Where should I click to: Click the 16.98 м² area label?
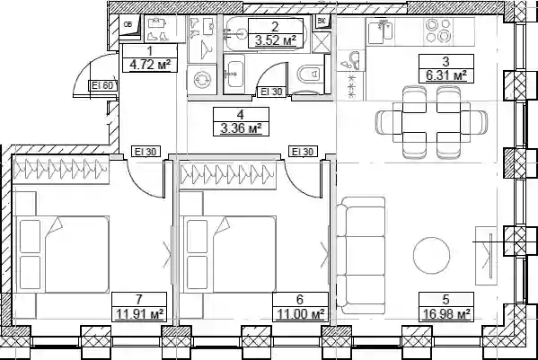445,314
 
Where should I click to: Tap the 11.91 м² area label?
139,314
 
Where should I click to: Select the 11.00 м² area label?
300,314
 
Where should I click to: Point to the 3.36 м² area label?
241,128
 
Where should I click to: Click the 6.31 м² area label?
446,75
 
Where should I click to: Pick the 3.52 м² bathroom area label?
276,41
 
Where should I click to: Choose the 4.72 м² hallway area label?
150,65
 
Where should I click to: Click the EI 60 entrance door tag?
102,85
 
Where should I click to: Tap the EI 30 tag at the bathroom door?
271,92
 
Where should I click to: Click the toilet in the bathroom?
310,73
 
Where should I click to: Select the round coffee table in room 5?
432,255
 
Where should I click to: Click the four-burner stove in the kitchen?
438,31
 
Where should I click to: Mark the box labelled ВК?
322,22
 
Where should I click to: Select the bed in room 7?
62,254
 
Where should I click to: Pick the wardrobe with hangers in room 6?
227,176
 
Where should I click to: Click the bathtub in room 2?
264,33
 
